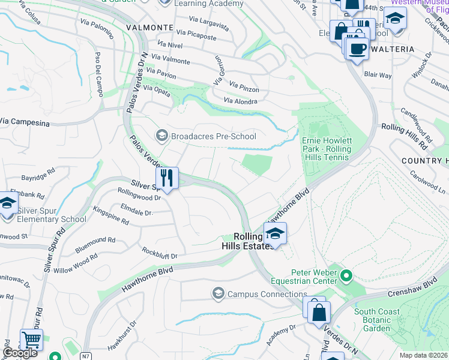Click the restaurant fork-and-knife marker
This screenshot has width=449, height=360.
[x=167, y=178]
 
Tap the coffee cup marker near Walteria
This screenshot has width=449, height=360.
[x=357, y=49]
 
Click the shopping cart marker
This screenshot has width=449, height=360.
[x=31, y=340]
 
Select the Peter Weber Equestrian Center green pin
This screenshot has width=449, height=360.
[x=346, y=276]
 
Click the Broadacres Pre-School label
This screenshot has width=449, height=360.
[x=214, y=136]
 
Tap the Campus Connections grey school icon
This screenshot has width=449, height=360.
[x=218, y=293]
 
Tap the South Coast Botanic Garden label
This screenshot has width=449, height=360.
[x=381, y=320]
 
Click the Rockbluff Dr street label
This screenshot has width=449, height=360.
[x=160, y=253]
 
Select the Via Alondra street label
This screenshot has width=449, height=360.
[x=240, y=101]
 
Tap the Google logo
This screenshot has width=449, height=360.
[x=20, y=353]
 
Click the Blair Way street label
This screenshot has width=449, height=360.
[x=378, y=76]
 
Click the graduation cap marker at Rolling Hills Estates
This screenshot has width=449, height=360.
[x=275, y=234]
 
